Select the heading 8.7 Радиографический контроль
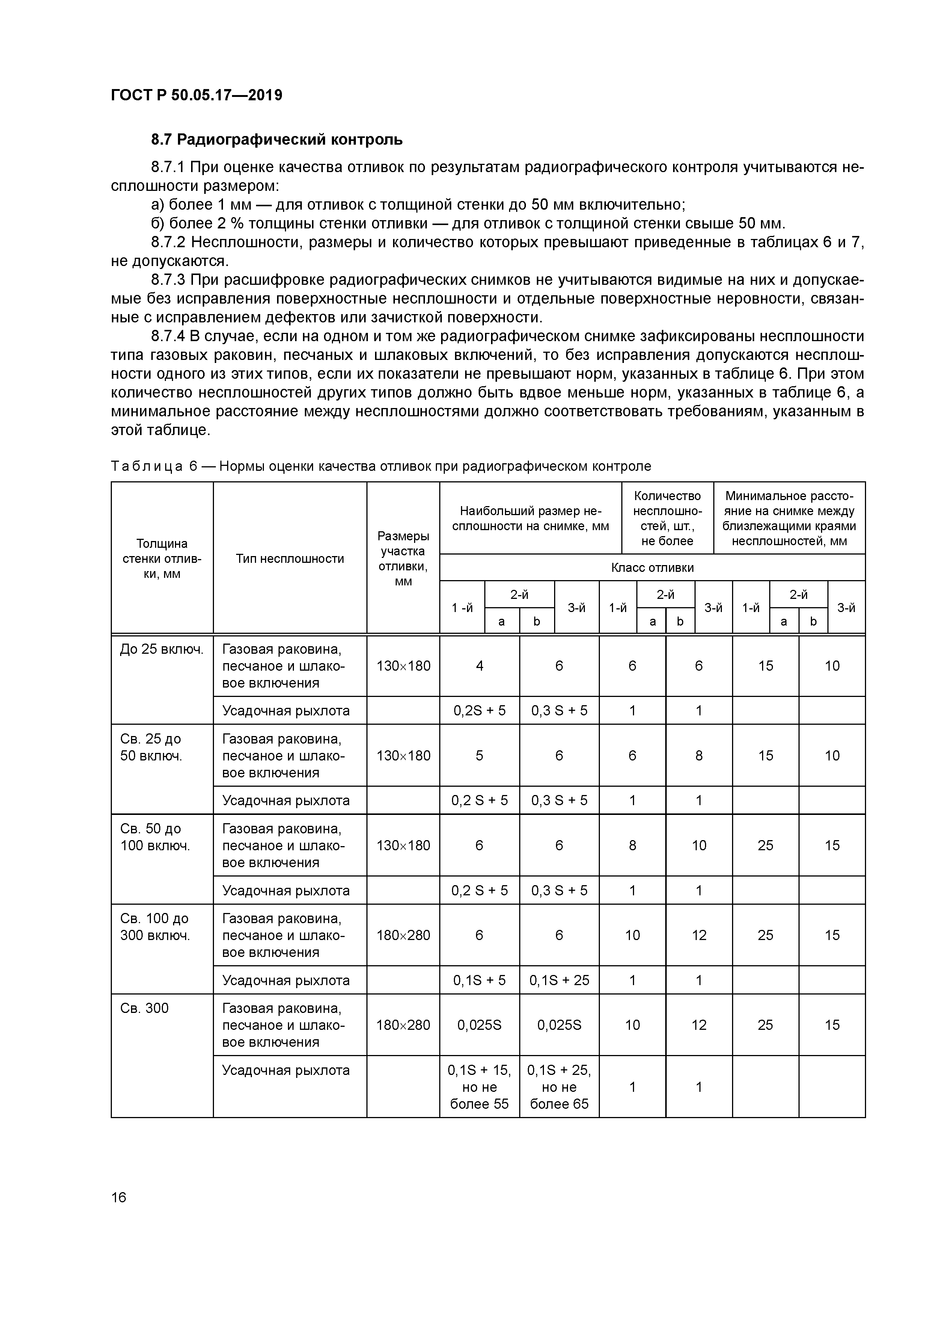[277, 139]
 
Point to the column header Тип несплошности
[290, 559]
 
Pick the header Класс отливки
[652, 568]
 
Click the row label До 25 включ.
[162, 649]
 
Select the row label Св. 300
[145, 1008]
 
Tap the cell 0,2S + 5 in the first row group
[479, 711]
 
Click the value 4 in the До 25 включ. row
[479, 666]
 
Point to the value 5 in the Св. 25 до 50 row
[479, 756]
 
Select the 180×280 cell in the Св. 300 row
[403, 1025]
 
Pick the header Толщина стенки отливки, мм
[162, 559]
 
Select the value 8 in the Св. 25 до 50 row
[699, 756]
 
